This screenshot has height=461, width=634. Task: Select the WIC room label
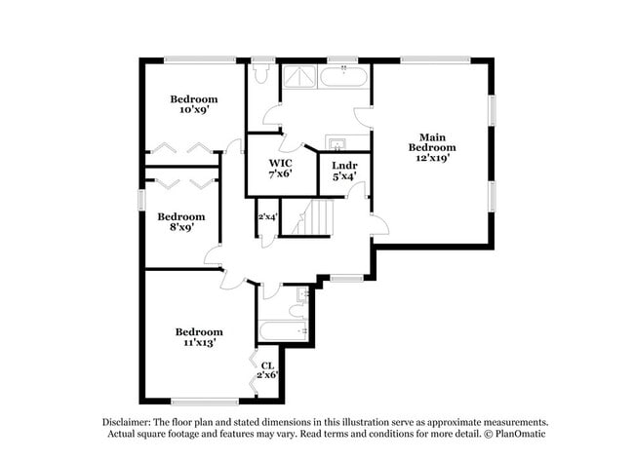click(281, 163)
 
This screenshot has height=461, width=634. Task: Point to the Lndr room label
click(344, 166)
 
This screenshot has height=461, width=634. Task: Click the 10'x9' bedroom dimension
click(194, 110)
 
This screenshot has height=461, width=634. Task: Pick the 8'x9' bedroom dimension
click(181, 227)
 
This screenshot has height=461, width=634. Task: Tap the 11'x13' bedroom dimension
click(199, 342)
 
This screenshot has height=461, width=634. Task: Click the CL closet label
click(266, 365)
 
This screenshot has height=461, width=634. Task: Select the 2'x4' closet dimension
click(267, 216)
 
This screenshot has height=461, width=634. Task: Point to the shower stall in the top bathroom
click(299, 76)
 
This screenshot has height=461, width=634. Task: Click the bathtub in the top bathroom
click(343, 76)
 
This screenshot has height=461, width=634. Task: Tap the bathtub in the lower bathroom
click(285, 330)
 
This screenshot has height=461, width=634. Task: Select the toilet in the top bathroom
click(261, 73)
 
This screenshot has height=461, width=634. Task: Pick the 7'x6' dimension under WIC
click(281, 175)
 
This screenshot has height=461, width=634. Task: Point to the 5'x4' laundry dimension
click(344, 177)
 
